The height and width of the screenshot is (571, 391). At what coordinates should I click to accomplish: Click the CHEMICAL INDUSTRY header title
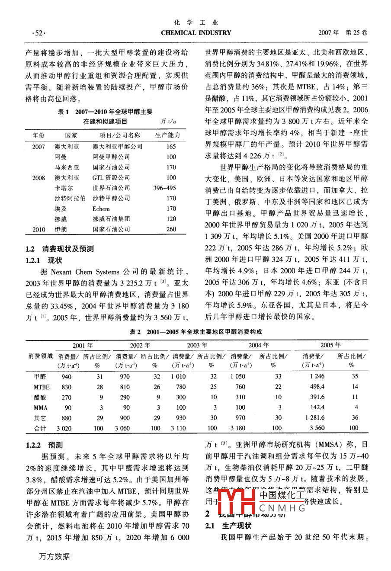click(x=196, y=32)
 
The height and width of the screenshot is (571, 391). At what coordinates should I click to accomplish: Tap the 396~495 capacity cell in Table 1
click(x=164, y=188)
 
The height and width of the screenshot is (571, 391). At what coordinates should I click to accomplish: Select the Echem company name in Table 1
click(x=101, y=209)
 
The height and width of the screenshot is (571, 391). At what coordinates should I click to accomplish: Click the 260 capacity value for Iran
click(x=171, y=230)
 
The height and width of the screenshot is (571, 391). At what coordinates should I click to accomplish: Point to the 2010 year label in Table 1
click(x=38, y=230)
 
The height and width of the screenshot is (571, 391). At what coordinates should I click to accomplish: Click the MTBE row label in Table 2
click(x=42, y=387)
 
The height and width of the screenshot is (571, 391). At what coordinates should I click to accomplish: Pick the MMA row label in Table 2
click(x=41, y=408)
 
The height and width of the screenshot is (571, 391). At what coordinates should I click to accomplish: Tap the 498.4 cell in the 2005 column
click(x=317, y=387)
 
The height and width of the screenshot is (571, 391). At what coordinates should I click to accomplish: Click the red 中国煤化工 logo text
click(x=282, y=495)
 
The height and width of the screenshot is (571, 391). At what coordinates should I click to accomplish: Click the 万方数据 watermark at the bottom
click(x=54, y=556)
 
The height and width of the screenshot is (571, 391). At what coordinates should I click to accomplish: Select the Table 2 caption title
click(x=196, y=332)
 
